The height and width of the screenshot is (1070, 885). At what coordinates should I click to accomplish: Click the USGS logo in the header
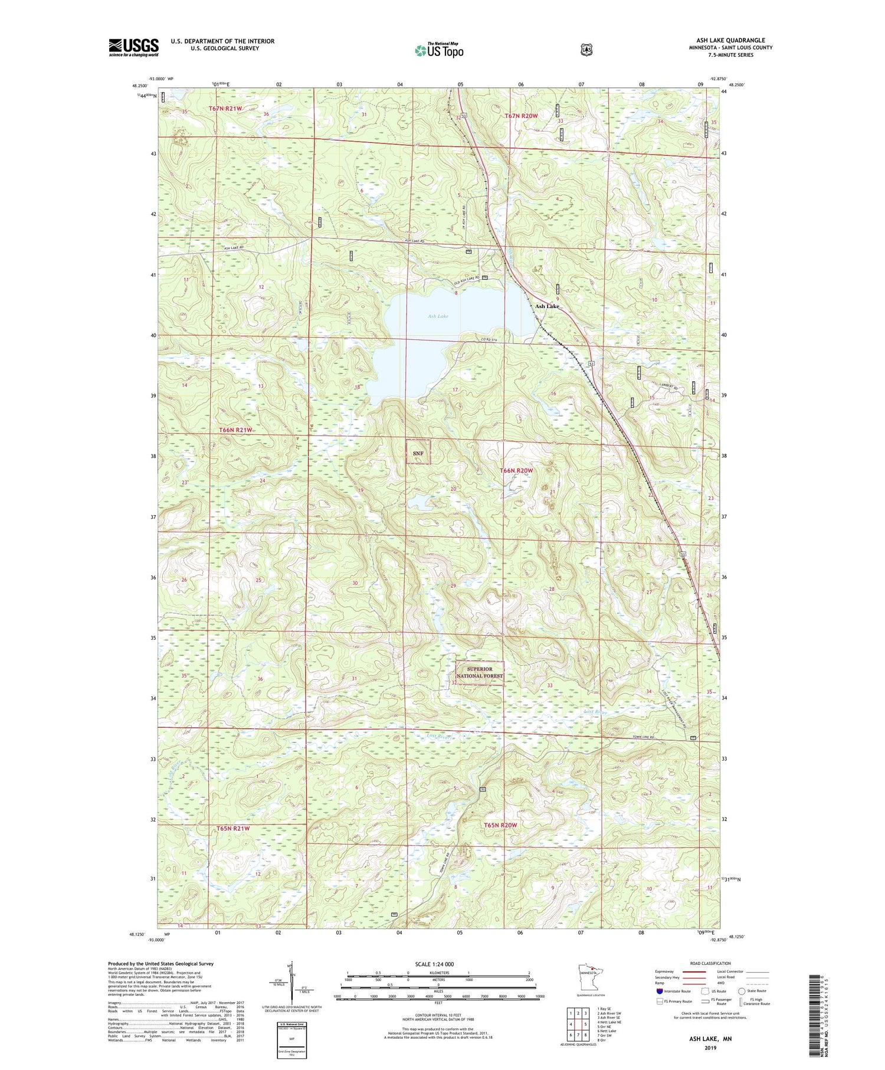133,47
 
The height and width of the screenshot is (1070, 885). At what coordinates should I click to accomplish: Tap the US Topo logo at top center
439,50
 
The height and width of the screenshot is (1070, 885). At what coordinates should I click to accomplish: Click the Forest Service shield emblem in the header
586,50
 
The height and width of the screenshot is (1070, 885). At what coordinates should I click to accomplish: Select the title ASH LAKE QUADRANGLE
730,40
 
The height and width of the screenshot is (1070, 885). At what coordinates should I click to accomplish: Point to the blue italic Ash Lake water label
438,316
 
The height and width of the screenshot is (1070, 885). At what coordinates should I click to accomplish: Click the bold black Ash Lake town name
546,306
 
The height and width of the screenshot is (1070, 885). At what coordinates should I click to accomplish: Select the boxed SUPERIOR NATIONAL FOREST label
480,672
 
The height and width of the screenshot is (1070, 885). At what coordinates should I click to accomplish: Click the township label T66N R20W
516,470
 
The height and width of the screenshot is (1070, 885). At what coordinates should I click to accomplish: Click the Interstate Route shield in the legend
659,992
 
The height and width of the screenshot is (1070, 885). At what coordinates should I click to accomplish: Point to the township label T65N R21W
233,829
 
